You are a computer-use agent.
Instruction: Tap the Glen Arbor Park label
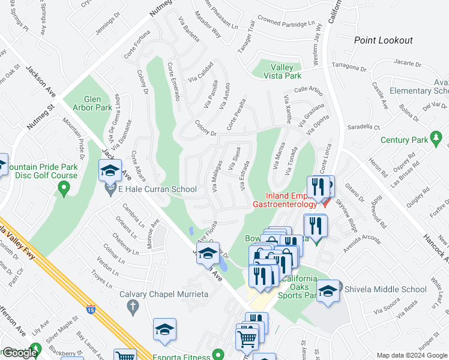(98, 103)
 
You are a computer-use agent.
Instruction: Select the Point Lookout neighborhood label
(383, 40)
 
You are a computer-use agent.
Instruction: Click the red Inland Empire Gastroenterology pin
(325, 203)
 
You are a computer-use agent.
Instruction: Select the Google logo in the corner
(20, 352)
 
